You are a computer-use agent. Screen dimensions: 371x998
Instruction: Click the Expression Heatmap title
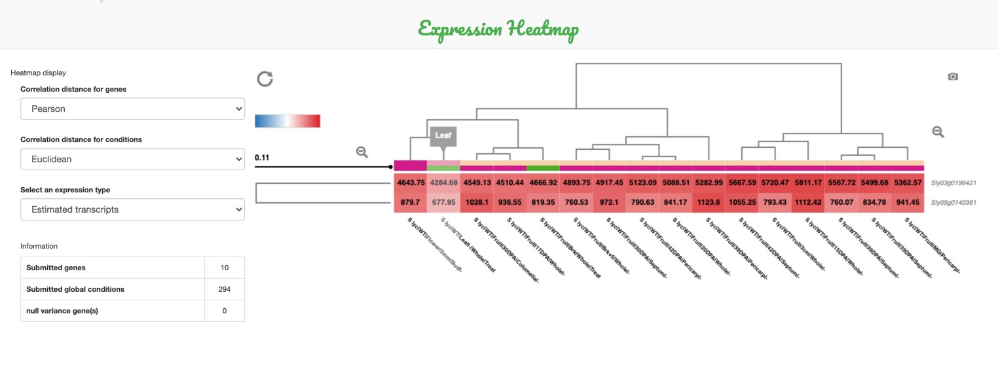(x=498, y=29)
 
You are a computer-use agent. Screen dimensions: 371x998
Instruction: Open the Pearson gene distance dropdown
(x=132, y=109)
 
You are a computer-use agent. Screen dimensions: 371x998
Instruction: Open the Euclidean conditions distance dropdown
(x=132, y=159)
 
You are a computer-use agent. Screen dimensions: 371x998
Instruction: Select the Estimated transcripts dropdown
(x=132, y=209)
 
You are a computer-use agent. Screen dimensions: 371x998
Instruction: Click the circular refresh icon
(x=265, y=79)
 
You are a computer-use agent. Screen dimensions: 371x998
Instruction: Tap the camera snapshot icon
(x=953, y=77)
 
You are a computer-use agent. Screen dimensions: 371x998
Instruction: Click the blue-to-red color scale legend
(x=287, y=121)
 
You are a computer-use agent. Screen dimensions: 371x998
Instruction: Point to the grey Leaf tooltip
(x=443, y=136)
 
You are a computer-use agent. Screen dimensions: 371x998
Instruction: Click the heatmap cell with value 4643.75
(x=410, y=183)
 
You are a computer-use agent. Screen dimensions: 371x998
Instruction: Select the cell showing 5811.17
(x=808, y=183)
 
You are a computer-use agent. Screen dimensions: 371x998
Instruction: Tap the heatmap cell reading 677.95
(x=443, y=202)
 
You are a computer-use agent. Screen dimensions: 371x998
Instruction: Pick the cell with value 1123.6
(x=709, y=202)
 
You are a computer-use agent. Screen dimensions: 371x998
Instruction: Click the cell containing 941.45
(x=908, y=202)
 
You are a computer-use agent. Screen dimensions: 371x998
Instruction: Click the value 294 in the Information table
(x=225, y=289)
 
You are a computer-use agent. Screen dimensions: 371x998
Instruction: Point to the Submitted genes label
(x=56, y=268)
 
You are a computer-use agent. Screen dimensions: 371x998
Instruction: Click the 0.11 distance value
(x=262, y=158)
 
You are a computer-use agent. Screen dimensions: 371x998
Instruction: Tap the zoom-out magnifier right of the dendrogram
(x=938, y=132)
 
